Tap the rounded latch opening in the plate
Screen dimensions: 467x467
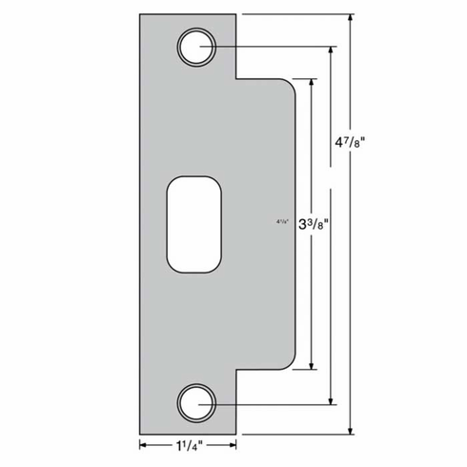coord(195,225)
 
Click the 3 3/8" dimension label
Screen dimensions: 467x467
coord(313,226)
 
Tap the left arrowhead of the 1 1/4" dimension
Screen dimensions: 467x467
coord(145,443)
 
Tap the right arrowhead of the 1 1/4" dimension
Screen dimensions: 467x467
coord(233,443)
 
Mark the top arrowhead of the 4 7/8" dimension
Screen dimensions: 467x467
coord(354,18)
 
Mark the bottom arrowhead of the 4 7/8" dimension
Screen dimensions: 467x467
coord(354,429)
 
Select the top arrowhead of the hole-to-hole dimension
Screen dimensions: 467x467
coord(332,50)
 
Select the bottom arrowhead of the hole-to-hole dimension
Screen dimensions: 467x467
coord(332,399)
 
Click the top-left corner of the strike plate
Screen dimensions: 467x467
coord(141,14)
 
